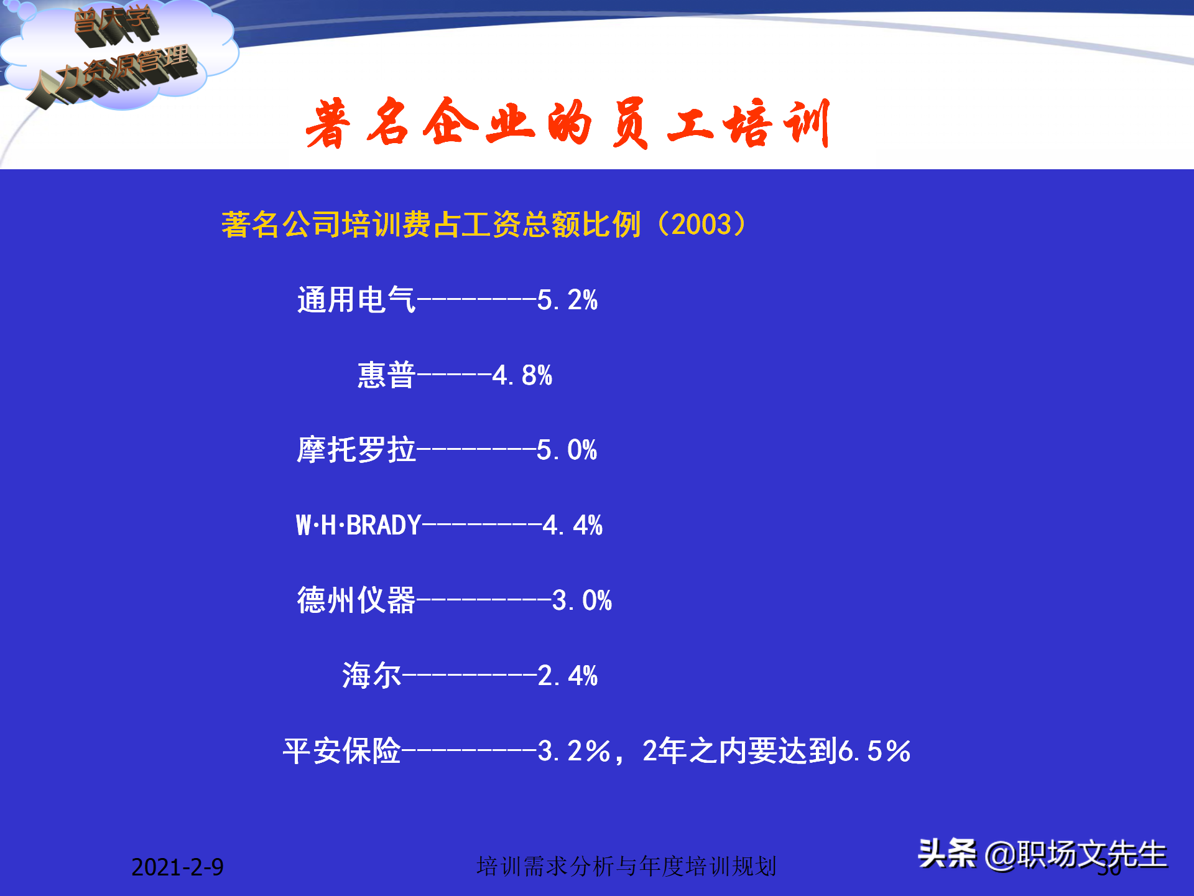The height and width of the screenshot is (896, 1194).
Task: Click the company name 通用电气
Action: pos(356,300)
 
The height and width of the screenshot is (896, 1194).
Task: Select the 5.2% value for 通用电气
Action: pos(567,300)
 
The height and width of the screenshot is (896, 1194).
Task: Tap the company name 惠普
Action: pos(386,375)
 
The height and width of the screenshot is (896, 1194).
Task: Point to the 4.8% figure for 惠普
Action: pos(522,375)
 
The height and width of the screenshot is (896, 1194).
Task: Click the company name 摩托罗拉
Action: pos(356,450)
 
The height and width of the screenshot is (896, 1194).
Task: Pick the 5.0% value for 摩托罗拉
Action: pos(567,450)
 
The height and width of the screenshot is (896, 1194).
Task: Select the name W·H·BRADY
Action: pos(359,525)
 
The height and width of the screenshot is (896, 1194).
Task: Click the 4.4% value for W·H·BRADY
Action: pos(572,525)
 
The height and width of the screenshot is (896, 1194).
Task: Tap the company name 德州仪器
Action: pos(356,600)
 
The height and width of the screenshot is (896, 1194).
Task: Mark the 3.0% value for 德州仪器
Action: pos(581,600)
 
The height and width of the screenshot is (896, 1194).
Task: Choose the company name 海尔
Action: pos(371,676)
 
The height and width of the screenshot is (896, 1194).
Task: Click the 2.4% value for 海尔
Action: pos(567,676)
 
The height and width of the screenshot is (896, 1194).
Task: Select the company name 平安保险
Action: pos(341,751)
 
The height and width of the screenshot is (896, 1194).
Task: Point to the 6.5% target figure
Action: pos(874,751)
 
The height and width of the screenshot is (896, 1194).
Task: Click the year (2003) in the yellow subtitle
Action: pos(701,224)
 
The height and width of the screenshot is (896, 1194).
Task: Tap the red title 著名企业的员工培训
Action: pos(567,123)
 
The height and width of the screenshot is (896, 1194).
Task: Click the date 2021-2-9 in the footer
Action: pos(177,867)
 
